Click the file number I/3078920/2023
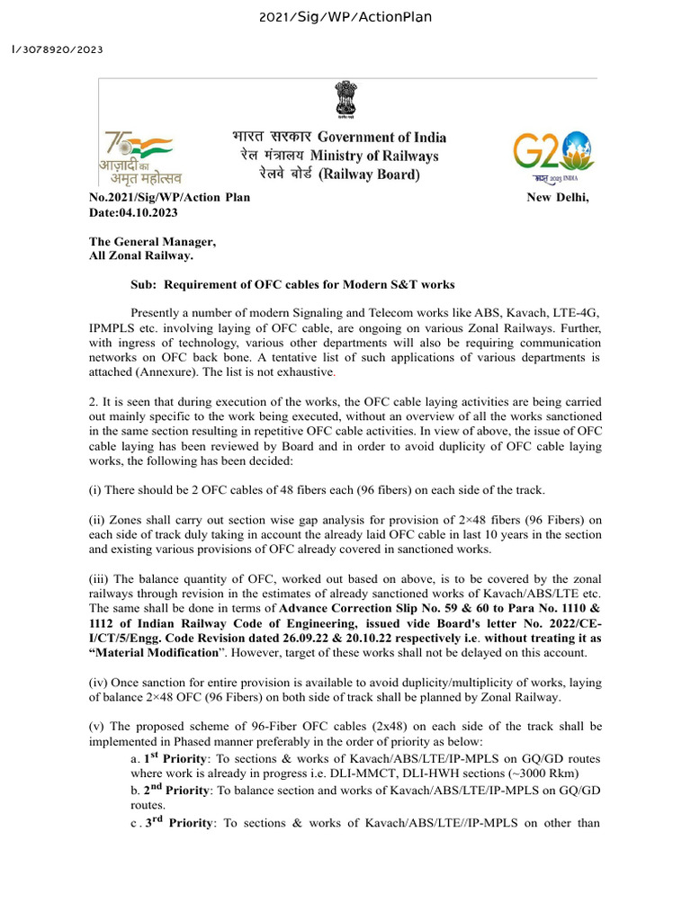pos(56,49)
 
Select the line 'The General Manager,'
pos(152,242)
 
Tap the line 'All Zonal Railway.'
pos(140,256)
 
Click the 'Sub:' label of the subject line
pos(144,285)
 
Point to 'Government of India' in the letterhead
pos(381,137)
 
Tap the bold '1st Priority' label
pos(175,759)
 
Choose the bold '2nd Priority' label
pos(176,791)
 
